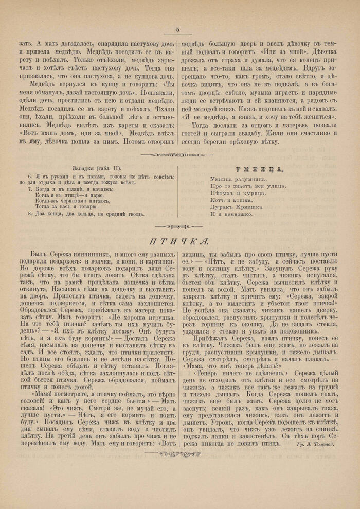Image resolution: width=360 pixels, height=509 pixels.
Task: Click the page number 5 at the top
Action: [x=177, y=30]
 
